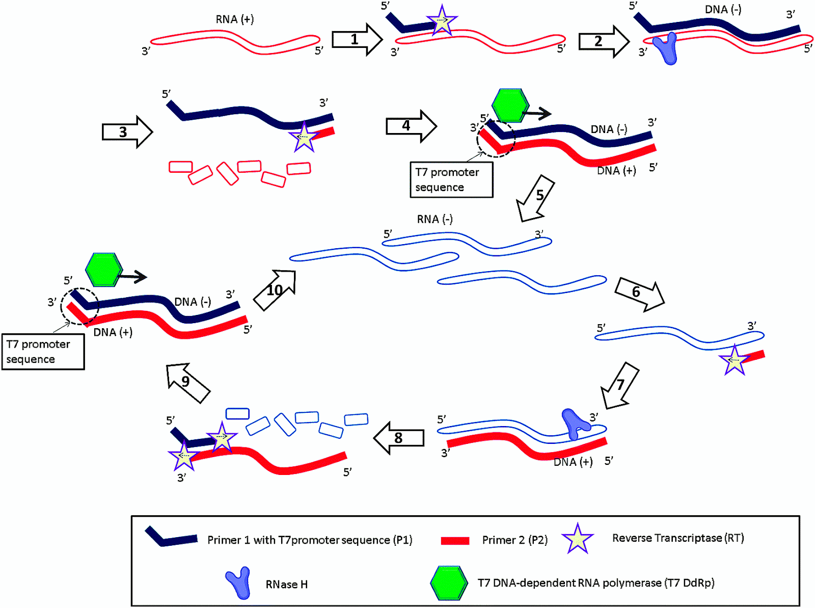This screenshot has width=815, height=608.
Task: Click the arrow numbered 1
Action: (x=356, y=39)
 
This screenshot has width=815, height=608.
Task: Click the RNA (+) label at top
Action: (x=234, y=19)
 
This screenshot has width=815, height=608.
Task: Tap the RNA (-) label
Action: (x=434, y=219)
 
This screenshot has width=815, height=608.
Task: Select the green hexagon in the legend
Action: (x=449, y=583)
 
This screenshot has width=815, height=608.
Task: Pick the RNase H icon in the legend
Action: (x=239, y=583)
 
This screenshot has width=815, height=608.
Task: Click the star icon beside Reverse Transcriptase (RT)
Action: (x=578, y=539)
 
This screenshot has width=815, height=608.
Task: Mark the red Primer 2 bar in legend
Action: (x=455, y=540)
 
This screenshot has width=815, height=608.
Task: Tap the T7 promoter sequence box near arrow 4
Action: (x=451, y=179)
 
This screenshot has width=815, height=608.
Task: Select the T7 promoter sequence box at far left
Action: (x=43, y=352)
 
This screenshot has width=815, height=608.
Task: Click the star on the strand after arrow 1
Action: (x=442, y=21)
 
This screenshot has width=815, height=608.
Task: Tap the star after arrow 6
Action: (x=734, y=360)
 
